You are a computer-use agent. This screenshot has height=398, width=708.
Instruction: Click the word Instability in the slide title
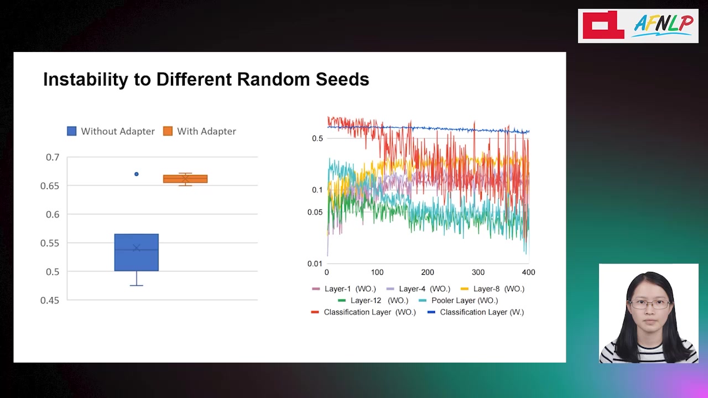coord(86,79)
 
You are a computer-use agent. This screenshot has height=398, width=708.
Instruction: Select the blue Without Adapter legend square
coord(72,131)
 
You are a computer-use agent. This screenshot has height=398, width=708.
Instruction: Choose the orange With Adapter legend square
coord(168,131)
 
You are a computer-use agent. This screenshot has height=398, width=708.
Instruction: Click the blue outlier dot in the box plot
coord(137,174)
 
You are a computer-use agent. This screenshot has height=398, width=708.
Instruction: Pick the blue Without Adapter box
coord(137,253)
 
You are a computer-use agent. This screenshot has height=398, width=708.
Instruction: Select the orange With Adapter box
coord(185,179)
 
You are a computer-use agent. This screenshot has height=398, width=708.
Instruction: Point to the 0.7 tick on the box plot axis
coord(53,157)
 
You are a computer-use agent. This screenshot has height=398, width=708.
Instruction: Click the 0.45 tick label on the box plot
coord(50,300)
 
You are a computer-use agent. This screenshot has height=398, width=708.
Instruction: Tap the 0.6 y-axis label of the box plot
coord(53,214)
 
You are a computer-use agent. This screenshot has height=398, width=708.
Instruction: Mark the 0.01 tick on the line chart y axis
coord(315,264)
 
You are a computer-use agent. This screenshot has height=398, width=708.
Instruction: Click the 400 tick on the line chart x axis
coord(528,273)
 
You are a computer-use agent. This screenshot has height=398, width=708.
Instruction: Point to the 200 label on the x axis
coord(428,273)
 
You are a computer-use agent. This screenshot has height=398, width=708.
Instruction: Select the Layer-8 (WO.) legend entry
coord(492,289)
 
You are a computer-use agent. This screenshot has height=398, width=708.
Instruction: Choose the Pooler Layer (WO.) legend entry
coord(459,300)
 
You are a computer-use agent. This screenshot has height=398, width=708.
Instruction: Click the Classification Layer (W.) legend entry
coord(476,312)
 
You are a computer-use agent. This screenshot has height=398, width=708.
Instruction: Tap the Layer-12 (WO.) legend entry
coord(373,300)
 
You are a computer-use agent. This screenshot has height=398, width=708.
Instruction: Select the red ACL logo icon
coord(603,25)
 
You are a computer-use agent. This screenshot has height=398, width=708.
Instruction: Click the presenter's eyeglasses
coord(649,304)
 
